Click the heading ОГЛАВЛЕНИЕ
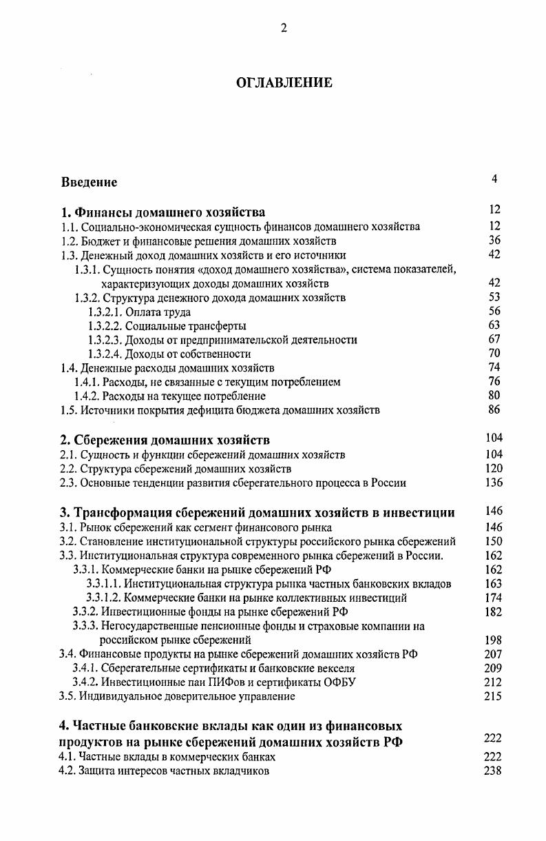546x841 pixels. (x=284, y=83)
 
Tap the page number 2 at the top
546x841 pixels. (x=283, y=28)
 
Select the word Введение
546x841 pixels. (x=89, y=183)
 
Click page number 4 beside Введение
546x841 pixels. (x=494, y=179)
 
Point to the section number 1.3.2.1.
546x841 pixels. (x=105, y=312)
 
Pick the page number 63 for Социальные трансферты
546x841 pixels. (x=494, y=325)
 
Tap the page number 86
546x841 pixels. (x=494, y=409)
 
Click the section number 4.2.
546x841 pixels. (x=68, y=771)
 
